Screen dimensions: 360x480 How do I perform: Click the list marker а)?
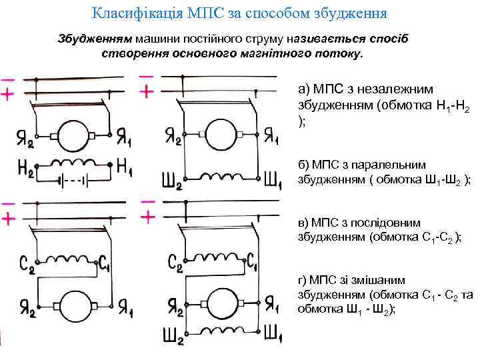pyautogui.click(x=304, y=89)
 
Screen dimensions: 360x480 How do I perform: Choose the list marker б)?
pyautogui.click(x=304, y=164)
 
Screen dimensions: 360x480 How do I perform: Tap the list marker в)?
pyautogui.click(x=304, y=223)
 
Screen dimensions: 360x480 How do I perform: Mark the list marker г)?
pyautogui.click(x=303, y=280)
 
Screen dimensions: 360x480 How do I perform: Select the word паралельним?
pyautogui.click(x=391, y=164)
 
